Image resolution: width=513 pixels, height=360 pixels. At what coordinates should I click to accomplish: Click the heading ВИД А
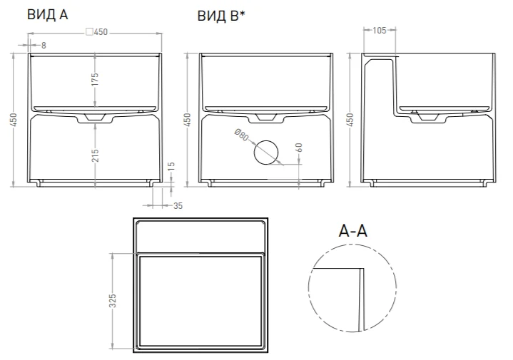(x=47, y=14)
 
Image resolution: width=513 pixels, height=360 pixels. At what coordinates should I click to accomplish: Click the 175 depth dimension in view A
(x=95, y=80)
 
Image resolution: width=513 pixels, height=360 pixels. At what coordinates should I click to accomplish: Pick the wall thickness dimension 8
(x=44, y=45)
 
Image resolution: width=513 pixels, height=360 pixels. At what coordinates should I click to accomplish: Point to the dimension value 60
(x=299, y=149)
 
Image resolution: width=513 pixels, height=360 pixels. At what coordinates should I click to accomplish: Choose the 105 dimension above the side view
(x=379, y=31)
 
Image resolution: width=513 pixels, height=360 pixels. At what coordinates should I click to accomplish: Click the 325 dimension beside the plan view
(x=112, y=302)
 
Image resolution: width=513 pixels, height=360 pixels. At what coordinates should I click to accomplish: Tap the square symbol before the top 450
(x=88, y=31)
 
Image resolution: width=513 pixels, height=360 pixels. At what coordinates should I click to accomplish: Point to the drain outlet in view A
(x=95, y=117)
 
